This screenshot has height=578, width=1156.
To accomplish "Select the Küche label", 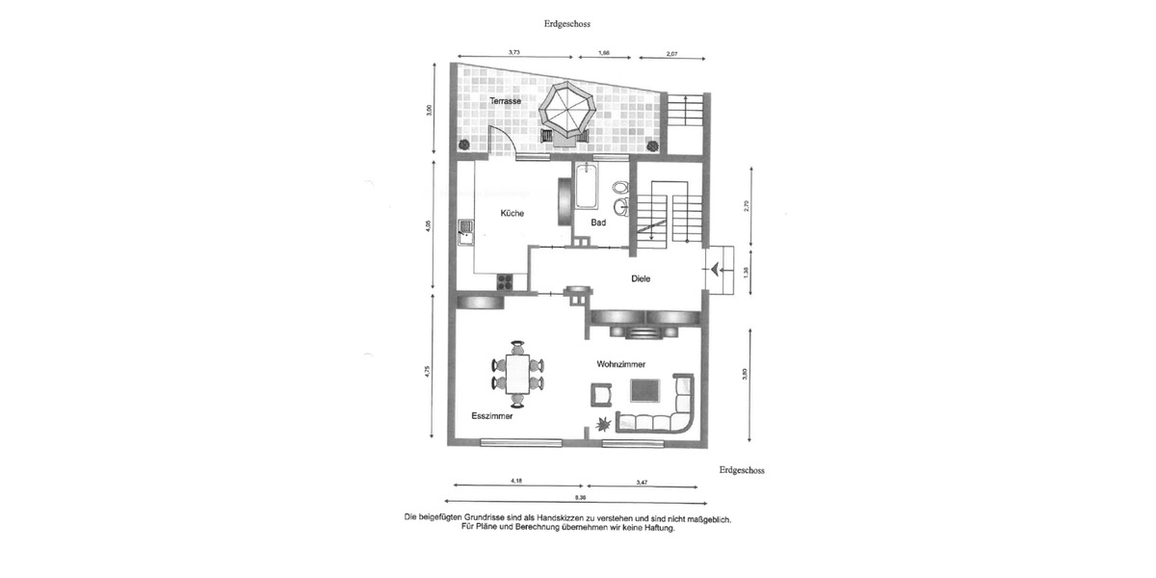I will tap(512, 213).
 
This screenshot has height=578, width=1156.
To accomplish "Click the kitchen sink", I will tap(466, 228).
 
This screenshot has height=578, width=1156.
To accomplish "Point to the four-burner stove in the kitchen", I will tap(504, 281).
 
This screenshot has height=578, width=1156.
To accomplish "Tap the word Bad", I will tap(598, 223).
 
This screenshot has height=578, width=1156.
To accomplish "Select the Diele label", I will tap(641, 278).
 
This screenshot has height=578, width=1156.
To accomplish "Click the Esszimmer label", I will tap(491, 417).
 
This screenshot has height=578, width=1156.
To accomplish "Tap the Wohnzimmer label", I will tap(620, 363).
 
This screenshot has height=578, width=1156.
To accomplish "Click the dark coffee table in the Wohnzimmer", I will tap(644, 390).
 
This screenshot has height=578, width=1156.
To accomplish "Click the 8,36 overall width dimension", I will tap(579, 497).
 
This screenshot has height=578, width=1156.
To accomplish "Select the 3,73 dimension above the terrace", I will tap(514, 53).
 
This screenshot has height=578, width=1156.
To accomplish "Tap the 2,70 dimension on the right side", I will tap(745, 205).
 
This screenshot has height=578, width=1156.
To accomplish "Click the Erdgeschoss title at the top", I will tap(567, 23).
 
